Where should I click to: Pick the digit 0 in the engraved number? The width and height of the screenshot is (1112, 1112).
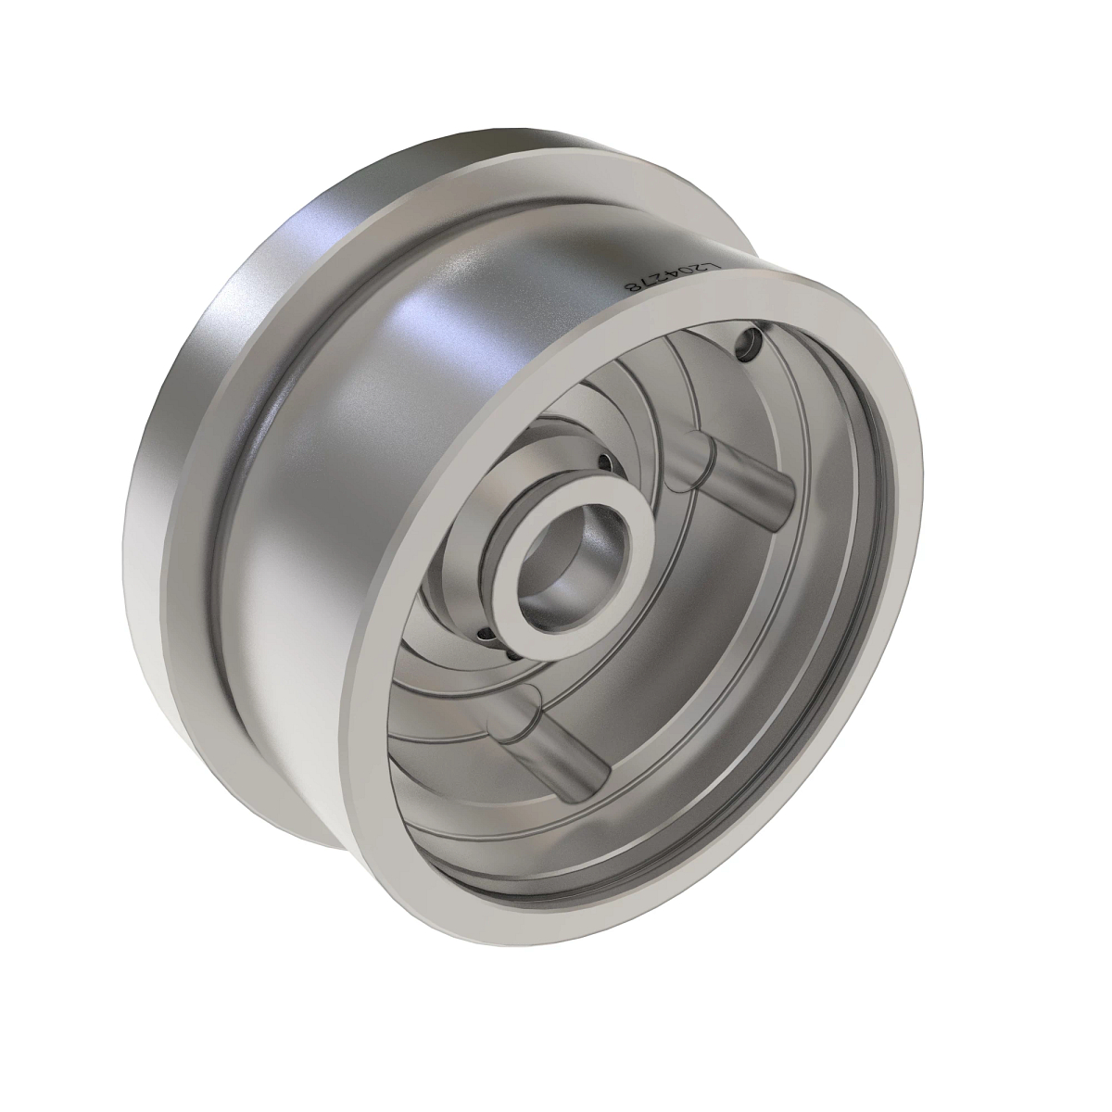pos(687,275)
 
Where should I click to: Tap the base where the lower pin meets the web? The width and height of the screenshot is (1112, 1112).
pos(512,712)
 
